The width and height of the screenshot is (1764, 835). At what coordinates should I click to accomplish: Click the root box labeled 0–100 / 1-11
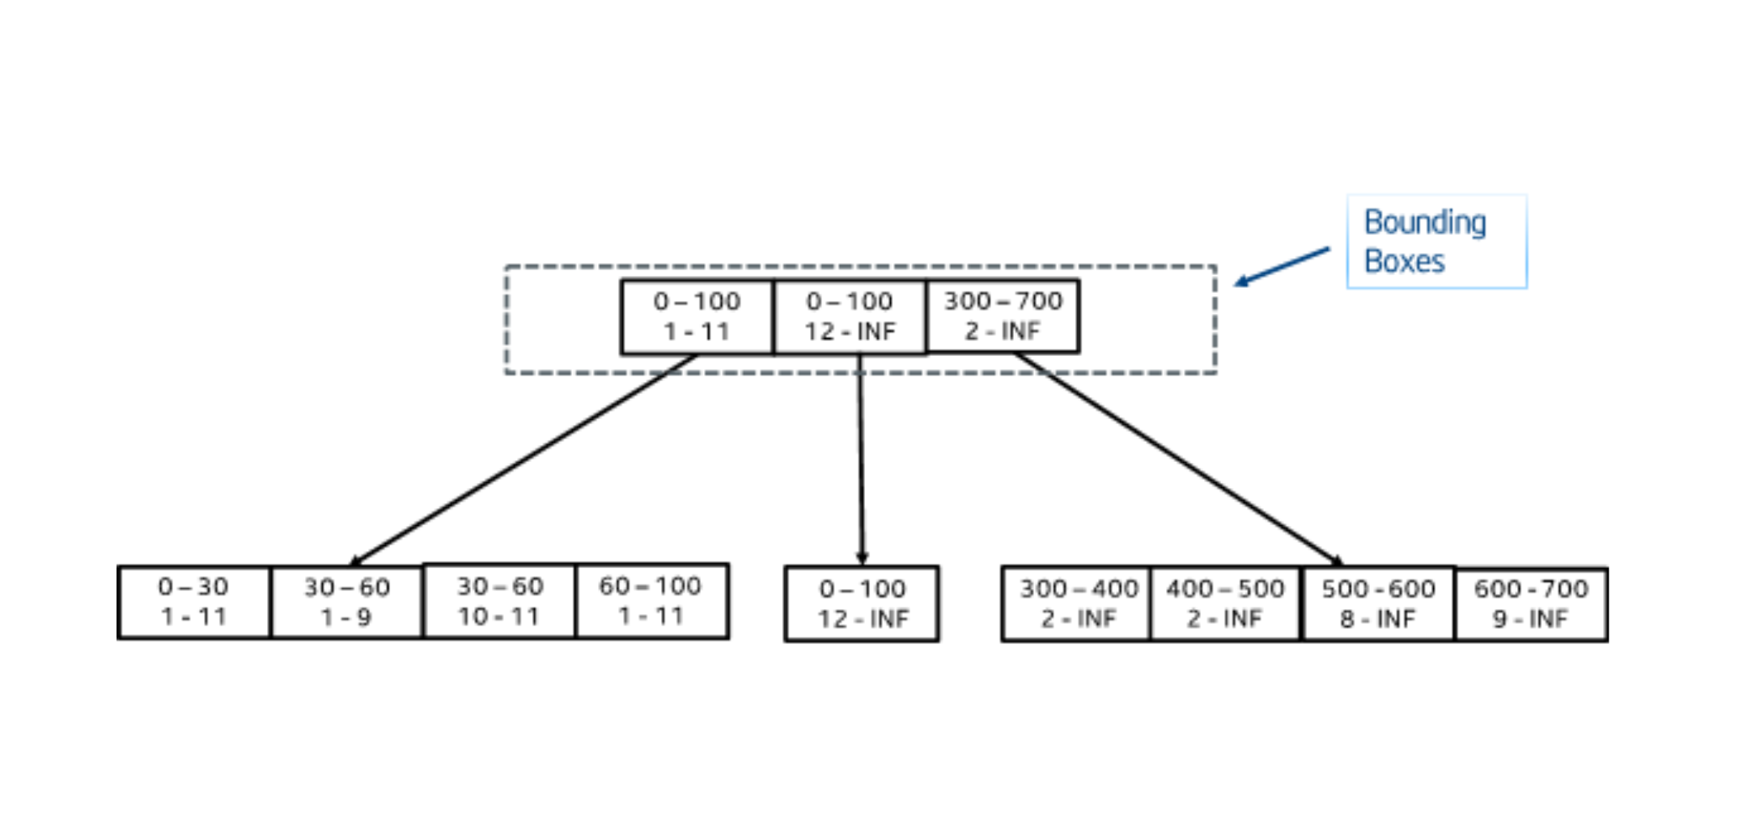tap(697, 316)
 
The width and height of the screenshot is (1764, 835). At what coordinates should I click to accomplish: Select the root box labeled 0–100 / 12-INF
tap(850, 316)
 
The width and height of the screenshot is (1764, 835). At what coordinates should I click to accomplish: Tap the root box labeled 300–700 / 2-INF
tap(1003, 316)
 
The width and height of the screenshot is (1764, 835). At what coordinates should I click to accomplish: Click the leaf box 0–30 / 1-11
tap(193, 602)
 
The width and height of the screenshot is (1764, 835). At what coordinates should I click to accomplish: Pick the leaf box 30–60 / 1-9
tap(346, 602)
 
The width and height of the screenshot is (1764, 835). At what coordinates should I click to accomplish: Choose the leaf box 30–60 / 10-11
tap(499, 601)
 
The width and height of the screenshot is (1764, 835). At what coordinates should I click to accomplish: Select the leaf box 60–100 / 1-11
tap(651, 601)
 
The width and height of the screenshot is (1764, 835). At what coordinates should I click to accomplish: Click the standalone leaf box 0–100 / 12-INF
tap(862, 604)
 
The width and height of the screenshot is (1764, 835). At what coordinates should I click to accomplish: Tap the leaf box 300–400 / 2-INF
tap(1076, 604)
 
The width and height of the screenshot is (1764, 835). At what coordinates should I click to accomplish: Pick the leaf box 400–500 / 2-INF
tap(1225, 604)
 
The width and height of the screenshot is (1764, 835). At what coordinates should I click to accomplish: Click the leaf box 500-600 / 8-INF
tap(1378, 604)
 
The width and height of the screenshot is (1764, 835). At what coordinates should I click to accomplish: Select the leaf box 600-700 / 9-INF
tap(1531, 604)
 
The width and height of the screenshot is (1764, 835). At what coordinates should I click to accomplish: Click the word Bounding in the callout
tap(1425, 223)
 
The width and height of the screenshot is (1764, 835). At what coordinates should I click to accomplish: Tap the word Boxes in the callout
tap(1404, 261)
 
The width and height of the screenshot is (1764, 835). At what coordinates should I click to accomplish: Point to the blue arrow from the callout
tap(1283, 266)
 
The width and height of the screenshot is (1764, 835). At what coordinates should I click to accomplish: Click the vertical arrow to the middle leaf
tap(861, 461)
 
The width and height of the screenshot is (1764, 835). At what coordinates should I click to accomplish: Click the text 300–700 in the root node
tap(1003, 301)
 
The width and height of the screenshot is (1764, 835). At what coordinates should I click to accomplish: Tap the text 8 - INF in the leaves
tap(1377, 619)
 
